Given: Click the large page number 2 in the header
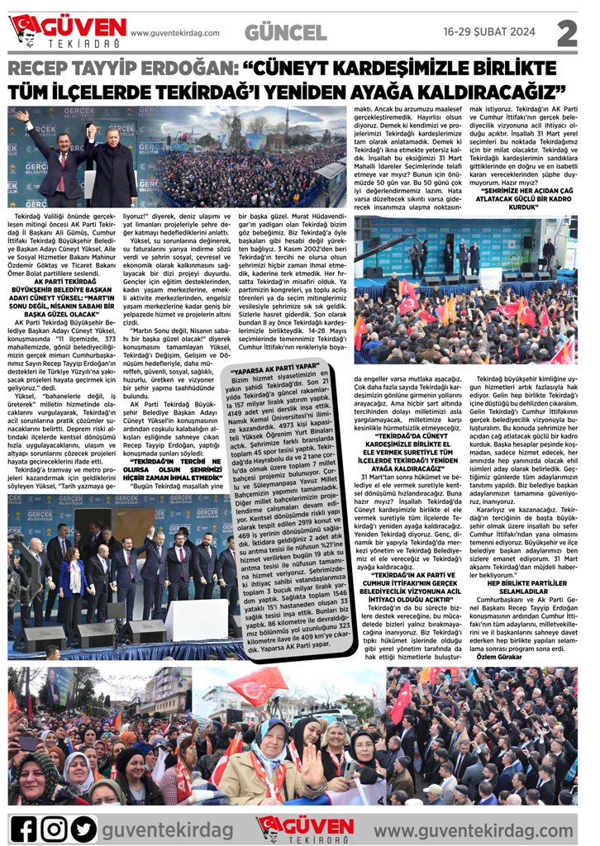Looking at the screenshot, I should pyautogui.click(x=568, y=32).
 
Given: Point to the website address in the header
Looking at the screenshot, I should pyautogui.click(x=175, y=33).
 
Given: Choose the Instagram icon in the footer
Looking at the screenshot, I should pyautogui.click(x=55, y=827).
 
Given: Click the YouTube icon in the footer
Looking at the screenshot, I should pyautogui.click(x=85, y=827).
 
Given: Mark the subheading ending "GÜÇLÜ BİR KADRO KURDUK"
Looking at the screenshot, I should pyautogui.click(x=524, y=202).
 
